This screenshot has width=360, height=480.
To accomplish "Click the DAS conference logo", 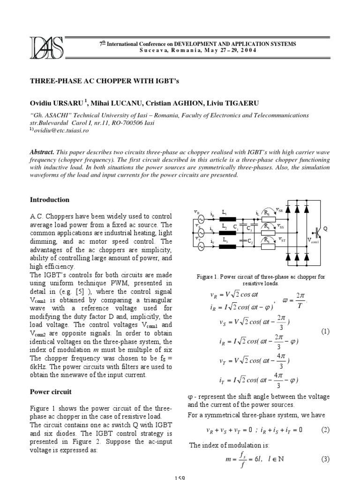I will click(x=47, y=47).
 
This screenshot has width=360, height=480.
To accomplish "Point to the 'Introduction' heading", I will click(x=49, y=200).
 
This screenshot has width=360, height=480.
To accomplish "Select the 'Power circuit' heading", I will click(x=51, y=391).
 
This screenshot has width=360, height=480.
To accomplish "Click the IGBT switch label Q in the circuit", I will click(x=324, y=229).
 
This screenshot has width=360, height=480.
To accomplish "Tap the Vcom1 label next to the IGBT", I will click(x=313, y=241).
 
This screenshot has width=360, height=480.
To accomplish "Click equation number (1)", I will click(x=325, y=331).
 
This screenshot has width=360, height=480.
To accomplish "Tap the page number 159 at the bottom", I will click(x=180, y=477).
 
